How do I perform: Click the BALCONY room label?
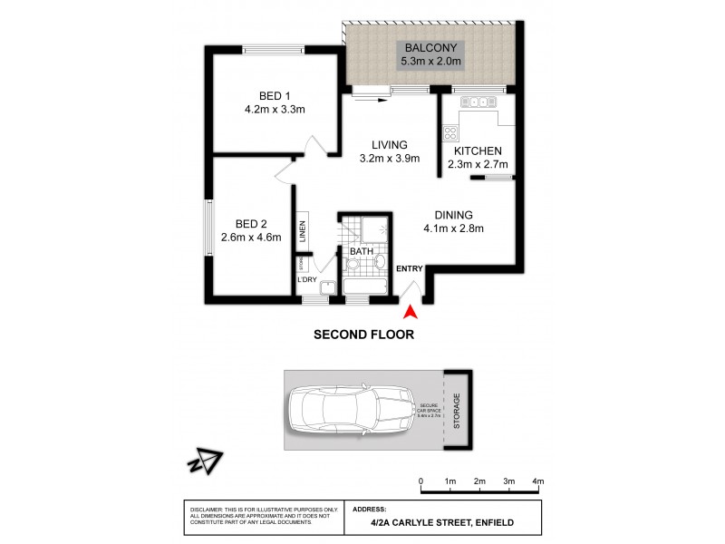pyautogui.click(x=431, y=47)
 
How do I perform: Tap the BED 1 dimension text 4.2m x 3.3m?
pyautogui.click(x=275, y=110)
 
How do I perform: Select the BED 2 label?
pyautogui.click(x=250, y=223)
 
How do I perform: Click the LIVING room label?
pyautogui.click(x=388, y=144)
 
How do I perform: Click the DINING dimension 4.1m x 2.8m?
pyautogui.click(x=453, y=228)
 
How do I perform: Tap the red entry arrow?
pyautogui.click(x=410, y=312)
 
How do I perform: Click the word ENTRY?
pyautogui.click(x=410, y=267)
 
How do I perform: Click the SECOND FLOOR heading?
pyautogui.click(x=363, y=334)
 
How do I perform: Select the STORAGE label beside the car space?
pyautogui.click(x=457, y=412)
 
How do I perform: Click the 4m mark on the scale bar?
pyautogui.click(x=537, y=481)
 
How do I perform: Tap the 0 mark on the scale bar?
pyautogui.click(x=421, y=481)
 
